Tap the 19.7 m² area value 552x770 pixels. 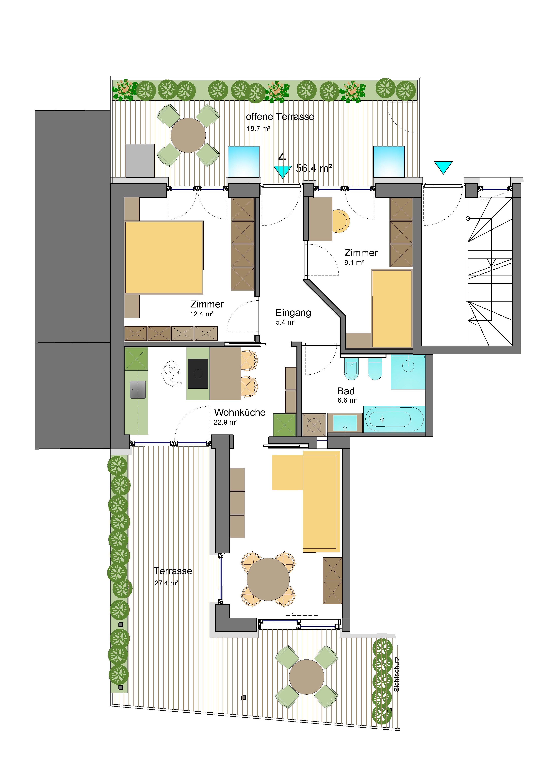[258, 129]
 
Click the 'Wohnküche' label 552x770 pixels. [240, 412]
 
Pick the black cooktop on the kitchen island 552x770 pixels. [198, 373]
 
